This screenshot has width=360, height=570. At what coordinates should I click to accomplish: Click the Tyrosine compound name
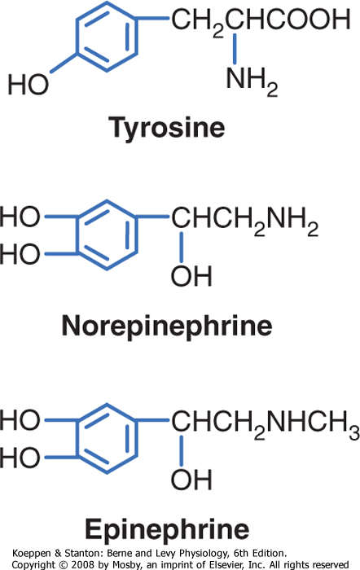click(x=167, y=128)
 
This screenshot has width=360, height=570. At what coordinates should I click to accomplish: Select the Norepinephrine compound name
click(x=167, y=326)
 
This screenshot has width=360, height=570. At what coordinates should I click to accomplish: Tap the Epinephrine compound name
click(x=167, y=529)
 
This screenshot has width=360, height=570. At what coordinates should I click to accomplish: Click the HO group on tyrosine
click(x=29, y=85)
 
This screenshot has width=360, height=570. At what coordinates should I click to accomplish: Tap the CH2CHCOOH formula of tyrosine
click(x=261, y=21)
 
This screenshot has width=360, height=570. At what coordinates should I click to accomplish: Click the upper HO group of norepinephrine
click(x=20, y=217)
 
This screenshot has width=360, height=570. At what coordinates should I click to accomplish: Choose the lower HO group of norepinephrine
click(x=20, y=254)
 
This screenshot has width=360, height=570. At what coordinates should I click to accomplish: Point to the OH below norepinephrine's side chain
click(x=191, y=276)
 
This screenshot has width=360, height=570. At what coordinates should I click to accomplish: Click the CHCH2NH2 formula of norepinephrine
click(x=245, y=220)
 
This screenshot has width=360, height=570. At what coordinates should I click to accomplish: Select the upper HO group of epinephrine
click(x=20, y=420)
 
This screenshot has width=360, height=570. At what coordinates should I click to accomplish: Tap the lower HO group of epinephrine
click(x=20, y=458)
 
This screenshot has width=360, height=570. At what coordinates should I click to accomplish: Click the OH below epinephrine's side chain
click(x=191, y=480)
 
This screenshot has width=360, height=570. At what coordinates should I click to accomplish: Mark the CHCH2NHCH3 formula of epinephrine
click(x=266, y=423)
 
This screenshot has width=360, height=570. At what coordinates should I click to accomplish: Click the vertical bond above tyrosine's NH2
click(x=235, y=49)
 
